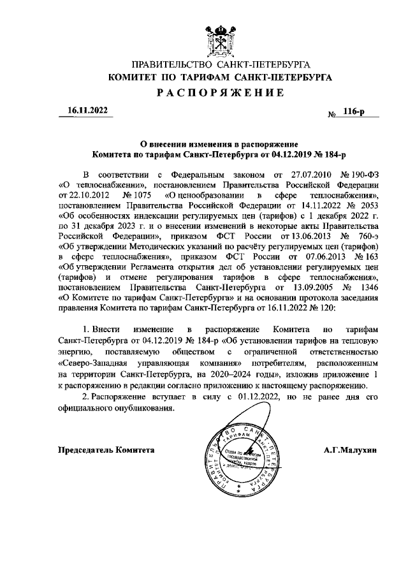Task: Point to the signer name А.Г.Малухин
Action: [351, 449]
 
